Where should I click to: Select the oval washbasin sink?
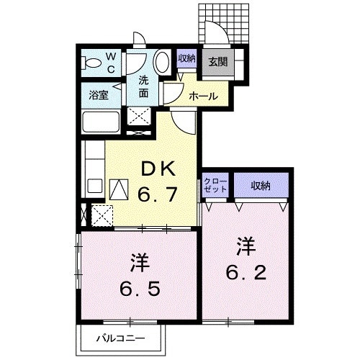point(163,63)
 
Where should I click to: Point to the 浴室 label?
point(99,94)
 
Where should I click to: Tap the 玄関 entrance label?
point(218,61)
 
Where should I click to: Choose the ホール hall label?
point(203,95)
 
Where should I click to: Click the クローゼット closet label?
point(215,184)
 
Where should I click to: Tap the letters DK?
point(156,169)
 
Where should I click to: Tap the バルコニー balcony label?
point(122,337)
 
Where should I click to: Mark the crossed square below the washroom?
point(139,117)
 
